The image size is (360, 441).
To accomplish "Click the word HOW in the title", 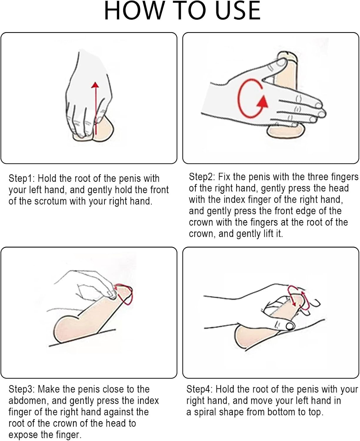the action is [x=133, y=11].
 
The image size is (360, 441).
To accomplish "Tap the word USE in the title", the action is [x=238, y=11].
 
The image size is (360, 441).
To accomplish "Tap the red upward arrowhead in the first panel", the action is [x=95, y=85].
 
